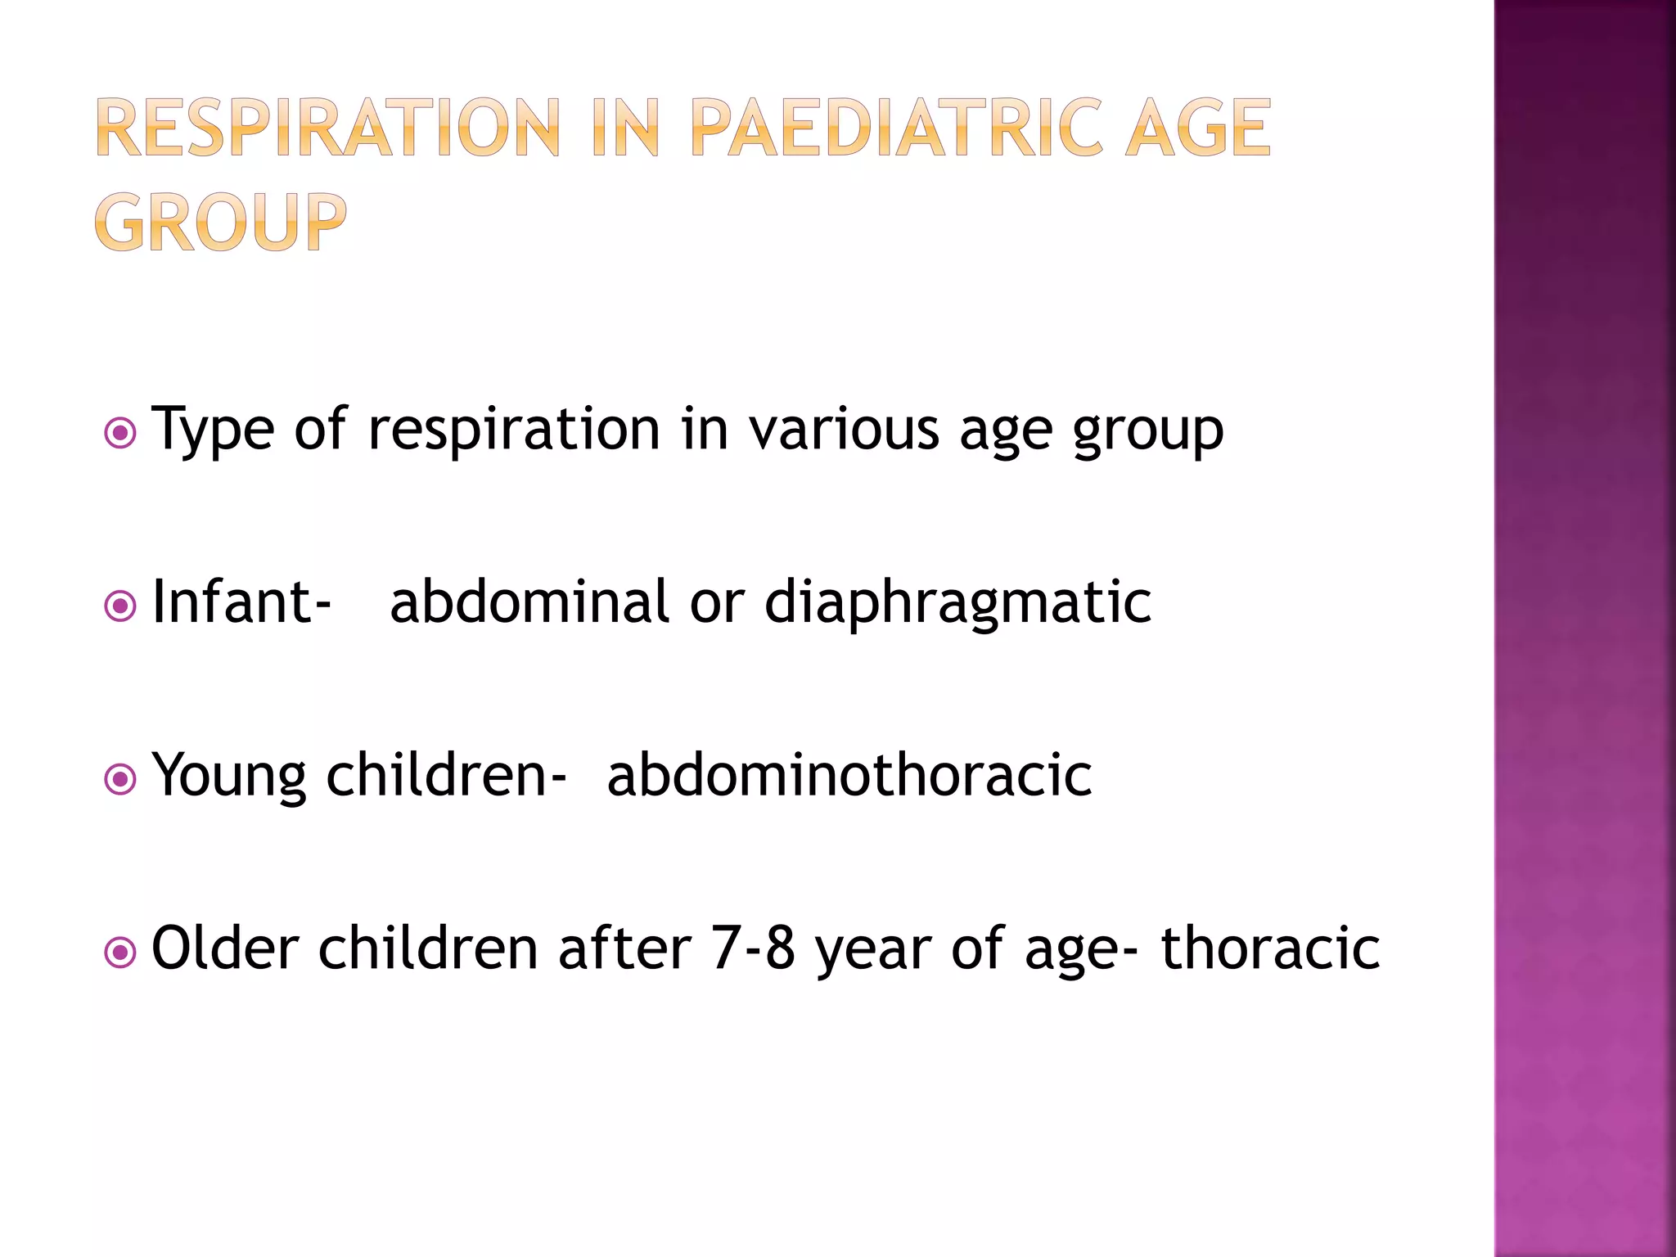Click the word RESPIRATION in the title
pyautogui.click(x=328, y=128)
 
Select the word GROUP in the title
pyautogui.click(x=220, y=222)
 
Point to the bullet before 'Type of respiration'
pyautogui.click(x=121, y=433)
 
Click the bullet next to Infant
pyautogui.click(x=121, y=606)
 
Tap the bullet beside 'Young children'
pyautogui.click(x=121, y=779)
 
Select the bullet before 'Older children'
pyautogui.click(x=121, y=953)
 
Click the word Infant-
pyautogui.click(x=241, y=602)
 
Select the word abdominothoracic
pyautogui.click(x=849, y=775)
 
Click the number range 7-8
pyautogui.click(x=753, y=948)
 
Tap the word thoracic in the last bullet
pyautogui.click(x=1270, y=948)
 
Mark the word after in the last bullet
pyautogui.click(x=624, y=948)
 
